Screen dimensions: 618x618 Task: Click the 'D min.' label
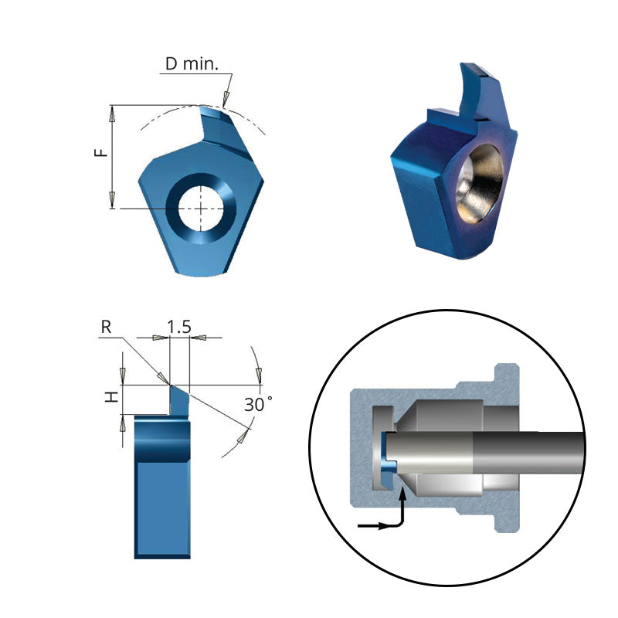(x=192, y=63)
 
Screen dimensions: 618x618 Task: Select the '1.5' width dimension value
(x=179, y=327)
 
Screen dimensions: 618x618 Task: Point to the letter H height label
(x=113, y=396)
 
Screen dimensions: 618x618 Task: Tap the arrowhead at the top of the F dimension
(x=113, y=114)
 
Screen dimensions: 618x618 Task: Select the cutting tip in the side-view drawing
(x=171, y=385)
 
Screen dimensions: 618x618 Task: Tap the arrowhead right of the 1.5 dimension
(x=199, y=338)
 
